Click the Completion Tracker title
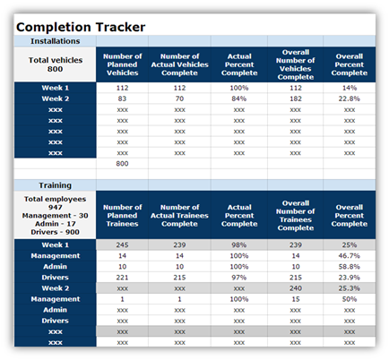[x=81, y=27]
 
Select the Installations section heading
[x=56, y=41]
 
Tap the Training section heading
[x=56, y=185]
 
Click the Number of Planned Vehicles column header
[x=122, y=64]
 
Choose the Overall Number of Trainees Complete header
[x=296, y=216]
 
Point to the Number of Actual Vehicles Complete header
[x=179, y=64]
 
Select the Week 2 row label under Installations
[x=56, y=99]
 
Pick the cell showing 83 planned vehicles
[x=122, y=99]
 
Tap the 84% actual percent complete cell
[x=239, y=99]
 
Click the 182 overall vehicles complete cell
[x=296, y=99]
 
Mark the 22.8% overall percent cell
[x=350, y=99]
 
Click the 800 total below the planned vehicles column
[x=122, y=164]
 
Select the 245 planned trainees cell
[x=122, y=245]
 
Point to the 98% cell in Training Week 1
[x=239, y=245]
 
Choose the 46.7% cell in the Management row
[x=350, y=256]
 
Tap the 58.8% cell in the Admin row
[x=350, y=267]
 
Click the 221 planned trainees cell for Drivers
[x=122, y=278]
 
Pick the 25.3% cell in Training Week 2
[x=350, y=288]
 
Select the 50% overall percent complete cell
[x=350, y=299]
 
